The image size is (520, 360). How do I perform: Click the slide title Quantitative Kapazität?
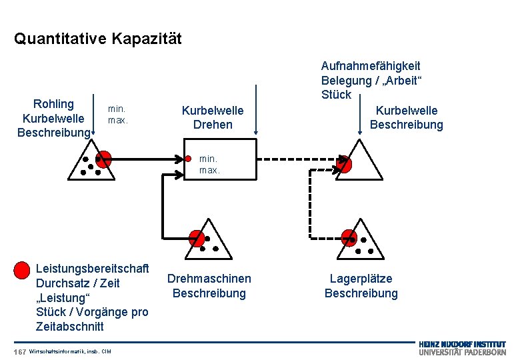(97, 39)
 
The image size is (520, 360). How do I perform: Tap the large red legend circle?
(22, 270)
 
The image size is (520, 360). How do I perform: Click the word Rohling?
(53, 104)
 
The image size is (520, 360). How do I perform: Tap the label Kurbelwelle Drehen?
(213, 117)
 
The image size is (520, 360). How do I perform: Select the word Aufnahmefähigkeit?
(371, 66)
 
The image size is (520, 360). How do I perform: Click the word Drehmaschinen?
(209, 279)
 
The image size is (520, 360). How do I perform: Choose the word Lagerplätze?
(361, 279)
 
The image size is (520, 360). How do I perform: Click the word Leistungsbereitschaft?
(91, 268)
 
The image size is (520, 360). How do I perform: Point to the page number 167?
(19, 351)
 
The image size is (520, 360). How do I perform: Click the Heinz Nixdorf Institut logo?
(462, 348)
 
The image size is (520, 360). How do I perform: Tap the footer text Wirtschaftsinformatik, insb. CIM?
(70, 351)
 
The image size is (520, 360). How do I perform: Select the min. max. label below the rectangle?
(209, 165)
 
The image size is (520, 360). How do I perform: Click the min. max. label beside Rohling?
(117, 113)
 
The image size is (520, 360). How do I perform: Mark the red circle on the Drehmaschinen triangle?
(197, 238)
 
